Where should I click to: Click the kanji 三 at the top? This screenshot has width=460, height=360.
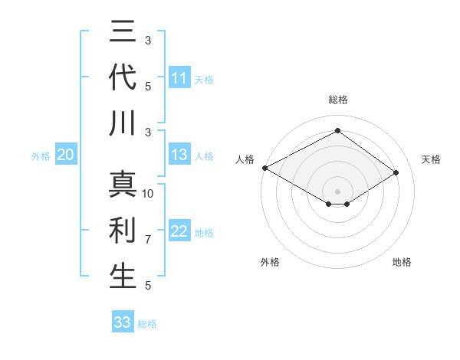click(x=123, y=32)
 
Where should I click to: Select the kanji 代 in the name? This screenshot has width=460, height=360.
click(x=123, y=78)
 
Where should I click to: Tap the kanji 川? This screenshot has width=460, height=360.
click(x=123, y=123)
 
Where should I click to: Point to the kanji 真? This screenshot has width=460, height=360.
click(x=123, y=185)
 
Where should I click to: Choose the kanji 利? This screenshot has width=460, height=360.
click(x=123, y=231)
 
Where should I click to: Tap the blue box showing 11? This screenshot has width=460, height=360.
click(x=179, y=78)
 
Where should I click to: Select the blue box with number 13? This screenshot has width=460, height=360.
click(x=179, y=155)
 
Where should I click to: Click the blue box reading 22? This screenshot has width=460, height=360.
click(x=179, y=231)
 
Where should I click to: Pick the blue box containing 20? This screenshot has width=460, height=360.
click(x=65, y=155)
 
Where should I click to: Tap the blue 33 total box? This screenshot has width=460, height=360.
click(x=122, y=322)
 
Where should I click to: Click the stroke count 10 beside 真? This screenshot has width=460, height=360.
click(x=148, y=193)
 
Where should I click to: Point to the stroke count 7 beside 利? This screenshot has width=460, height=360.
click(x=148, y=240)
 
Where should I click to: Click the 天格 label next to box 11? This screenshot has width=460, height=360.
click(x=204, y=79)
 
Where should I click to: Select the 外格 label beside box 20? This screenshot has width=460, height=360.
click(x=41, y=156)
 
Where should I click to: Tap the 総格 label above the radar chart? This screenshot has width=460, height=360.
click(x=337, y=100)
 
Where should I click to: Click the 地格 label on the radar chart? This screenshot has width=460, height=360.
click(x=402, y=262)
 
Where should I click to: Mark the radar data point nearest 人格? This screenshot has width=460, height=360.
click(x=264, y=167)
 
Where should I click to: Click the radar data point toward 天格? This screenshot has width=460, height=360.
click(x=396, y=173)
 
